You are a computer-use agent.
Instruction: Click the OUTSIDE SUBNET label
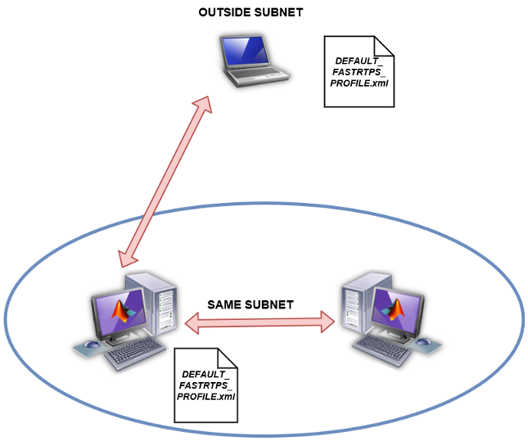coord(250,14)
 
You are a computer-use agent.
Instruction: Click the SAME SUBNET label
coord(250,304)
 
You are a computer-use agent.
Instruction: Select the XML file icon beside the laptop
coord(359,71)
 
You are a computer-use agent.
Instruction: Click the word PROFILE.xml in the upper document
coord(359,84)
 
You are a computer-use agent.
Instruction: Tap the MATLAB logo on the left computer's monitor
coord(122,312)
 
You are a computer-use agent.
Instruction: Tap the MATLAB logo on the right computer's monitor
coord(396,310)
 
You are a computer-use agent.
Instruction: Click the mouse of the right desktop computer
coord(424,343)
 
